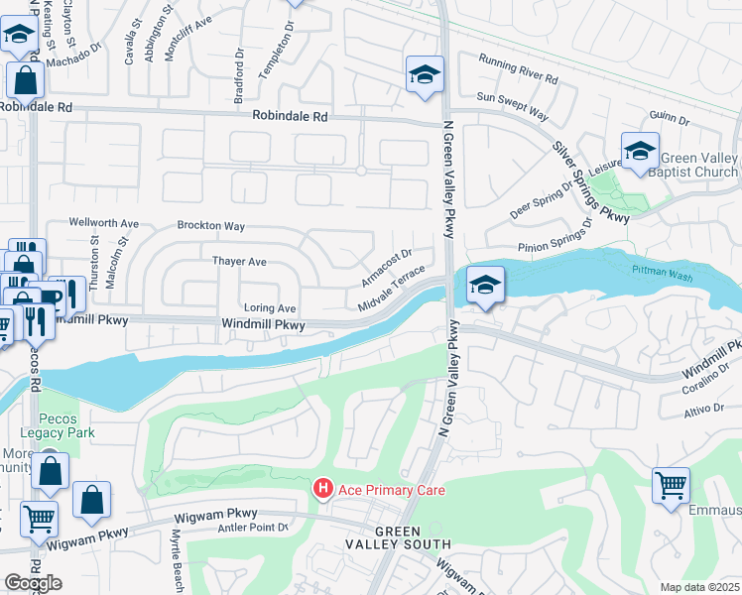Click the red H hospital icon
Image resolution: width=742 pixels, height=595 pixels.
click(x=322, y=489)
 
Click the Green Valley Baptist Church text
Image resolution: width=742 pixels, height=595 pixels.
click(x=699, y=166)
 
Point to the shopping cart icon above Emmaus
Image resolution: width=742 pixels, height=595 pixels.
click(x=671, y=486)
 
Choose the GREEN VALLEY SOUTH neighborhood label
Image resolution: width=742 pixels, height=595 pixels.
click(x=398, y=537)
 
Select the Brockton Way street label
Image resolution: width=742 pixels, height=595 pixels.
click(x=210, y=226)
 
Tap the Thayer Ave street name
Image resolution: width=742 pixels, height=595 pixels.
click(x=239, y=262)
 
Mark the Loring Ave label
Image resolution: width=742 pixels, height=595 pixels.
click(x=270, y=308)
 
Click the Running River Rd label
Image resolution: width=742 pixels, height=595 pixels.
click(x=517, y=71)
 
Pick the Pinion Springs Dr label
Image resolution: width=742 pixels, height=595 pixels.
click(x=554, y=244)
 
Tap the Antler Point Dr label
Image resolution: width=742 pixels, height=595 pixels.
click(x=251, y=528)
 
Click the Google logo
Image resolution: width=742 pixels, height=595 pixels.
click(x=33, y=583)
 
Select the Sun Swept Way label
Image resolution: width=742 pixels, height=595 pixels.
click(x=512, y=106)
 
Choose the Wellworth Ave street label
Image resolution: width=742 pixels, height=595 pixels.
click(x=103, y=223)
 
